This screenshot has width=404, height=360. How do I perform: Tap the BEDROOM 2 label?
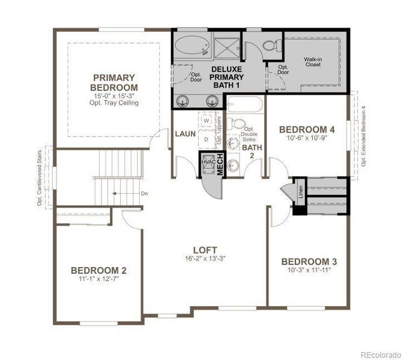click(98, 270)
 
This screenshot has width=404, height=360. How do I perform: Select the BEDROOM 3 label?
click(309, 262)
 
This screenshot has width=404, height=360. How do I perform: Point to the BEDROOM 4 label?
click(307, 129)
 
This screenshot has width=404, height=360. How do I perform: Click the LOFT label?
click(205, 250)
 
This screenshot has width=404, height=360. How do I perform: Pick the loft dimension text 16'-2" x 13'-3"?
click(205, 259)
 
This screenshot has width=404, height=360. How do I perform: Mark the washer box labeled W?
click(207, 121)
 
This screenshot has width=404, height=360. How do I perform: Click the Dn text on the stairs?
click(144, 194)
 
